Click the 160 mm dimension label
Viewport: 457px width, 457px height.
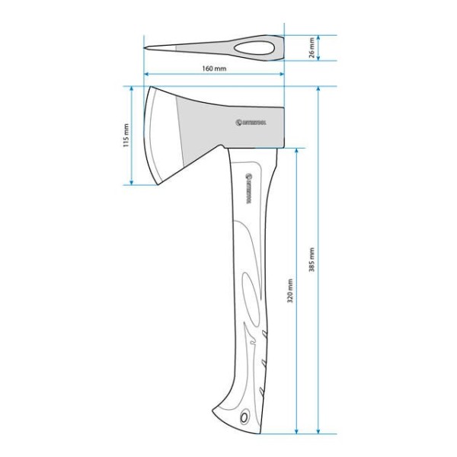(214, 68)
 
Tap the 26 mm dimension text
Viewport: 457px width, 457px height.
(311, 48)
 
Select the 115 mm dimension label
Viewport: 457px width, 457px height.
(126, 137)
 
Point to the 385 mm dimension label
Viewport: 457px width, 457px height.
(311, 261)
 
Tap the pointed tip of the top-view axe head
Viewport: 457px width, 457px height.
(146, 49)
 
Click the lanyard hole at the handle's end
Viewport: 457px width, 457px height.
(244, 417)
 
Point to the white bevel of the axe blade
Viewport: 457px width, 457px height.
(162, 136)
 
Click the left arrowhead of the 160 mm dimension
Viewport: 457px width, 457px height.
(146, 75)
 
